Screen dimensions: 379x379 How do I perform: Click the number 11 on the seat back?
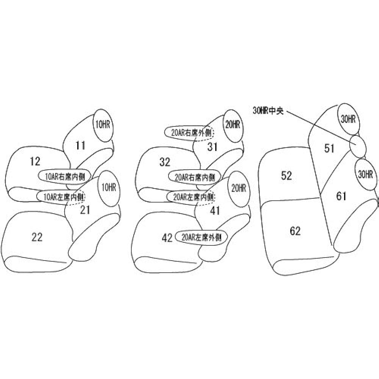[80, 145]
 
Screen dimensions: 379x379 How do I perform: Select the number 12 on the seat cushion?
[35, 161]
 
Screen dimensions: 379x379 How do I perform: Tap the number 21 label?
[85, 210]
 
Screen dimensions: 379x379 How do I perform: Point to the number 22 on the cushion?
[37, 237]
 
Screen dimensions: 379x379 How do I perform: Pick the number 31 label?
[212, 147]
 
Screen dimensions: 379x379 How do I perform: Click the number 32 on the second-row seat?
[165, 162]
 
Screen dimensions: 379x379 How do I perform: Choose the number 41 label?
[215, 211]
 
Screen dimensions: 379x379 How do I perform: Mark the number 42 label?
[167, 238]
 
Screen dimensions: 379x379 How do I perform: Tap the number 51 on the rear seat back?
[329, 148]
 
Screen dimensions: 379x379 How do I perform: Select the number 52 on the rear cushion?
[287, 175]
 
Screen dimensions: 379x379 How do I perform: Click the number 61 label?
[341, 196]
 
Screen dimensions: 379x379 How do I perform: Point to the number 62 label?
[295, 230]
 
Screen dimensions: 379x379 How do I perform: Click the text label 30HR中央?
[268, 112]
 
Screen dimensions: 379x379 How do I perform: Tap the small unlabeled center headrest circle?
[358, 146]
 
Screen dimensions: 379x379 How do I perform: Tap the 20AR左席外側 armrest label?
[201, 238]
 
